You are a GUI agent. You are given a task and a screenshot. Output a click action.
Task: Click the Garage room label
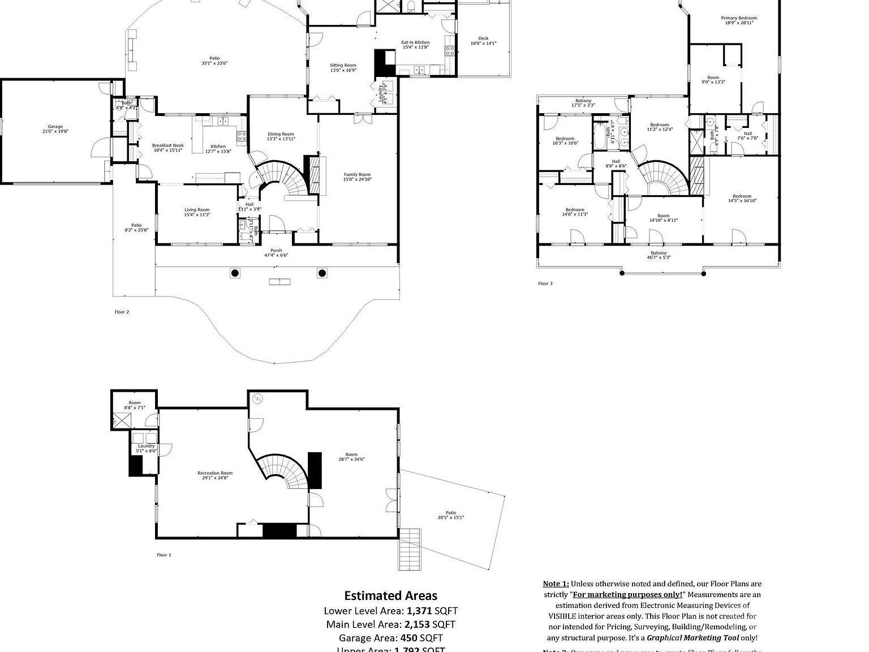pos(55,129)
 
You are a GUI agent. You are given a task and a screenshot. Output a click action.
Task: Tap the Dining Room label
pos(281,136)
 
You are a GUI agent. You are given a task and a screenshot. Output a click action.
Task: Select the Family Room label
pos(357,177)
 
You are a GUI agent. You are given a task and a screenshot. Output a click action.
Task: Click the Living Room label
pos(196,212)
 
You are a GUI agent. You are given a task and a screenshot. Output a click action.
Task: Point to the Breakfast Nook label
pos(167,148)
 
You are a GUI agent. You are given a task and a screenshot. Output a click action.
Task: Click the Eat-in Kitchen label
pos(415,45)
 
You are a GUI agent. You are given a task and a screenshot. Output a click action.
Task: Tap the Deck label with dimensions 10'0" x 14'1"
pos(483,41)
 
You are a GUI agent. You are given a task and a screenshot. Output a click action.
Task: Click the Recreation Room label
pos(214,475)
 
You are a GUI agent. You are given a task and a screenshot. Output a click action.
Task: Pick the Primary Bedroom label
pos(738,20)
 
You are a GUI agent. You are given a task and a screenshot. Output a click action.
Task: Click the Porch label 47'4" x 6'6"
pos(276,252)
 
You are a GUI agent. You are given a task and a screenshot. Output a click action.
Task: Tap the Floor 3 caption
pos(545,284)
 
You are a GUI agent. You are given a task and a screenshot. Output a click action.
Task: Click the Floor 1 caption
pos(164,555)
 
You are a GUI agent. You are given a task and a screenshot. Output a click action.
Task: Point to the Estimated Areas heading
pos(390,595)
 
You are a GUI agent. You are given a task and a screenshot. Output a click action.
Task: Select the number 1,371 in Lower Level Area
pos(419,611)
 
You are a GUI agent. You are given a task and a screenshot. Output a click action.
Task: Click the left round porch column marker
pos(235,273)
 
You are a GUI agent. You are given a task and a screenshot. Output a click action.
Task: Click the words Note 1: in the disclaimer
pos(556,584)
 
